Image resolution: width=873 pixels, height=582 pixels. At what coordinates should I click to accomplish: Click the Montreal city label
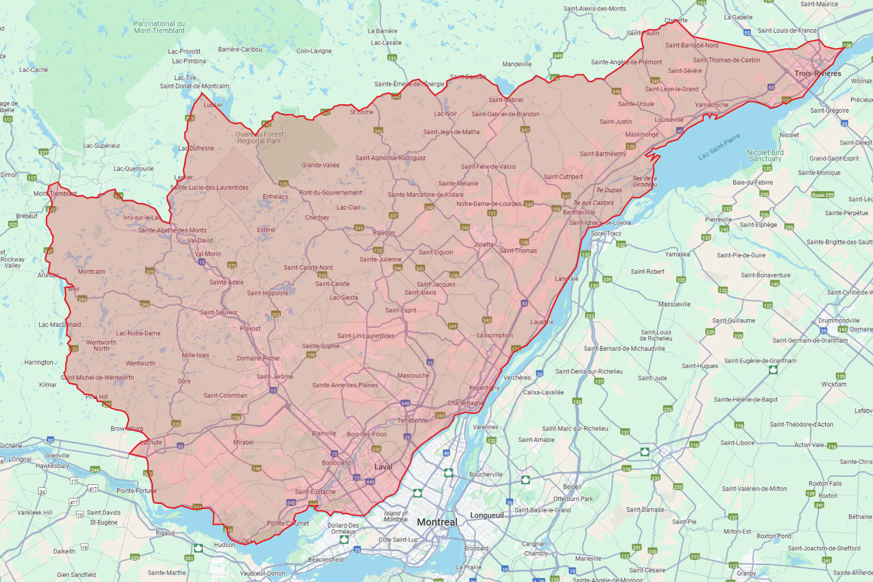coord(437,522)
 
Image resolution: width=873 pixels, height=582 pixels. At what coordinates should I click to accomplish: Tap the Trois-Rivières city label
coord(818,74)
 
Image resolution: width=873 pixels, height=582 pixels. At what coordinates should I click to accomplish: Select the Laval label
coord(383,467)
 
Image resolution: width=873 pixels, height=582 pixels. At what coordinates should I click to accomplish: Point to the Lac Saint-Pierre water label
coord(719,146)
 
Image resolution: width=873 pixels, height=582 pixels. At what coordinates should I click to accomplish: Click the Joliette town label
coord(483,245)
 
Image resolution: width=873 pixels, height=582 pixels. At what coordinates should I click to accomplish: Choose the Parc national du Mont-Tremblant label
coord(159,27)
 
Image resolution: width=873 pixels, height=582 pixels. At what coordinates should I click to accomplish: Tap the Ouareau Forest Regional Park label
coord(259,137)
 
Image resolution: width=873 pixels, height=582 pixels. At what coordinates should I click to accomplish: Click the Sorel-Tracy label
coord(606,233)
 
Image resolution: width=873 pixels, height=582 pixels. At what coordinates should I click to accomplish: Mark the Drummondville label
coord(839,321)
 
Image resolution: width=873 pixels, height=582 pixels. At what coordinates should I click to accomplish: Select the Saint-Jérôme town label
coord(275,376)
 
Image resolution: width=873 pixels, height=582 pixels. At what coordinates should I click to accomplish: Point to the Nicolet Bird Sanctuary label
coord(765,156)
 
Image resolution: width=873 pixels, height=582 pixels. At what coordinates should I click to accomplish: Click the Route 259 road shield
coord(823,195)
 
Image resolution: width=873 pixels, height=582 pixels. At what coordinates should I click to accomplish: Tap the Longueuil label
coord(487,515)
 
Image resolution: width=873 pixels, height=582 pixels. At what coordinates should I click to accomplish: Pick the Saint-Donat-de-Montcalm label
coord(194,86)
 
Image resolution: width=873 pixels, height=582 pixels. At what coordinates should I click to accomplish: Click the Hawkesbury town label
coord(52,466)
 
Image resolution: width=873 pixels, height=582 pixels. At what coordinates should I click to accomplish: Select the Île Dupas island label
coord(609,190)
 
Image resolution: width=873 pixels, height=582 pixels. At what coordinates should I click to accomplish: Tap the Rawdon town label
coord(384,233)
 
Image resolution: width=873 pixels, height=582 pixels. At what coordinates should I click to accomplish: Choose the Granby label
coord(746,573)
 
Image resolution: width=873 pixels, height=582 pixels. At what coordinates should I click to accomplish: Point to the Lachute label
coord(151,442)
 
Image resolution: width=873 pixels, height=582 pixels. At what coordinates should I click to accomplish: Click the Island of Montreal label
coord(396,516)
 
